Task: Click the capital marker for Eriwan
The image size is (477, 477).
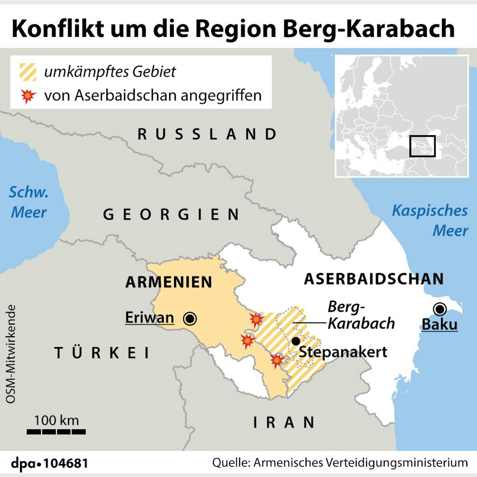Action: point(190,318)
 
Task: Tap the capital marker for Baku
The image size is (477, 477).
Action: point(440,309)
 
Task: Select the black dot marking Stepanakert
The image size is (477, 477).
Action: point(296,341)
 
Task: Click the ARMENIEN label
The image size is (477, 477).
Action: point(169,282)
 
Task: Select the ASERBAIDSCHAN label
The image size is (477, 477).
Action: point(374,279)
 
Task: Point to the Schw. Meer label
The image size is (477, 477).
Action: point(29,202)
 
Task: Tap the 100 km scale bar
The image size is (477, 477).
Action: point(56,432)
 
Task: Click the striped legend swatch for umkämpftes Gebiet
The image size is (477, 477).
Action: point(28,72)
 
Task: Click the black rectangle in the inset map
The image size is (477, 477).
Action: point(422,146)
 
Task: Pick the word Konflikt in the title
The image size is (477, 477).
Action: point(58,29)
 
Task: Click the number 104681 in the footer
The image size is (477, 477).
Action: point(66,463)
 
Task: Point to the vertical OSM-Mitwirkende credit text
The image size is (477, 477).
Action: point(11,354)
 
